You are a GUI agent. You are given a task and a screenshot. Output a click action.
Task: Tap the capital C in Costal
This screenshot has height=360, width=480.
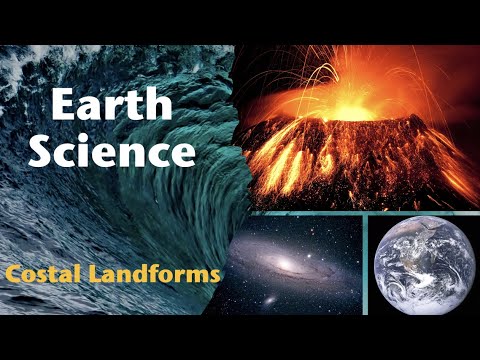[12, 272]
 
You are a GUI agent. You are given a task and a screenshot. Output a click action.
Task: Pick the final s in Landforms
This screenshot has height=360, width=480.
[212, 273]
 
